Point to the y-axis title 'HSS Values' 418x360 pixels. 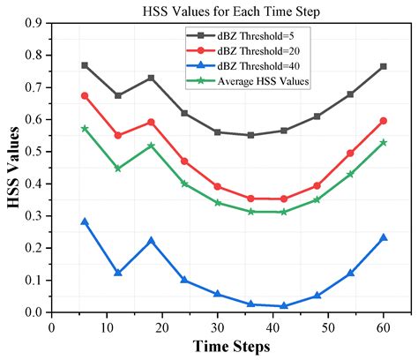tap(12, 168)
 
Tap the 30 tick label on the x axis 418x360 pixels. tap(219, 326)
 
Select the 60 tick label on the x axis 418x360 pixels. tap(384, 326)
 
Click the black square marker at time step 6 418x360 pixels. tap(85, 65)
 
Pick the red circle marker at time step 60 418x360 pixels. tap(383, 120)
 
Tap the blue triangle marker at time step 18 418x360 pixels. tap(151, 240)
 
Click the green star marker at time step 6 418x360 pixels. tap(85, 128)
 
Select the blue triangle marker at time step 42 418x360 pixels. tap(284, 305)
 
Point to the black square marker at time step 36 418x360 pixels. tap(250, 135)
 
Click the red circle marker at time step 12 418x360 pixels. tap(118, 135)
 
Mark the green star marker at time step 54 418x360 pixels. tap(350, 174)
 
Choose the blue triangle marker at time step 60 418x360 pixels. tap(383, 237)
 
